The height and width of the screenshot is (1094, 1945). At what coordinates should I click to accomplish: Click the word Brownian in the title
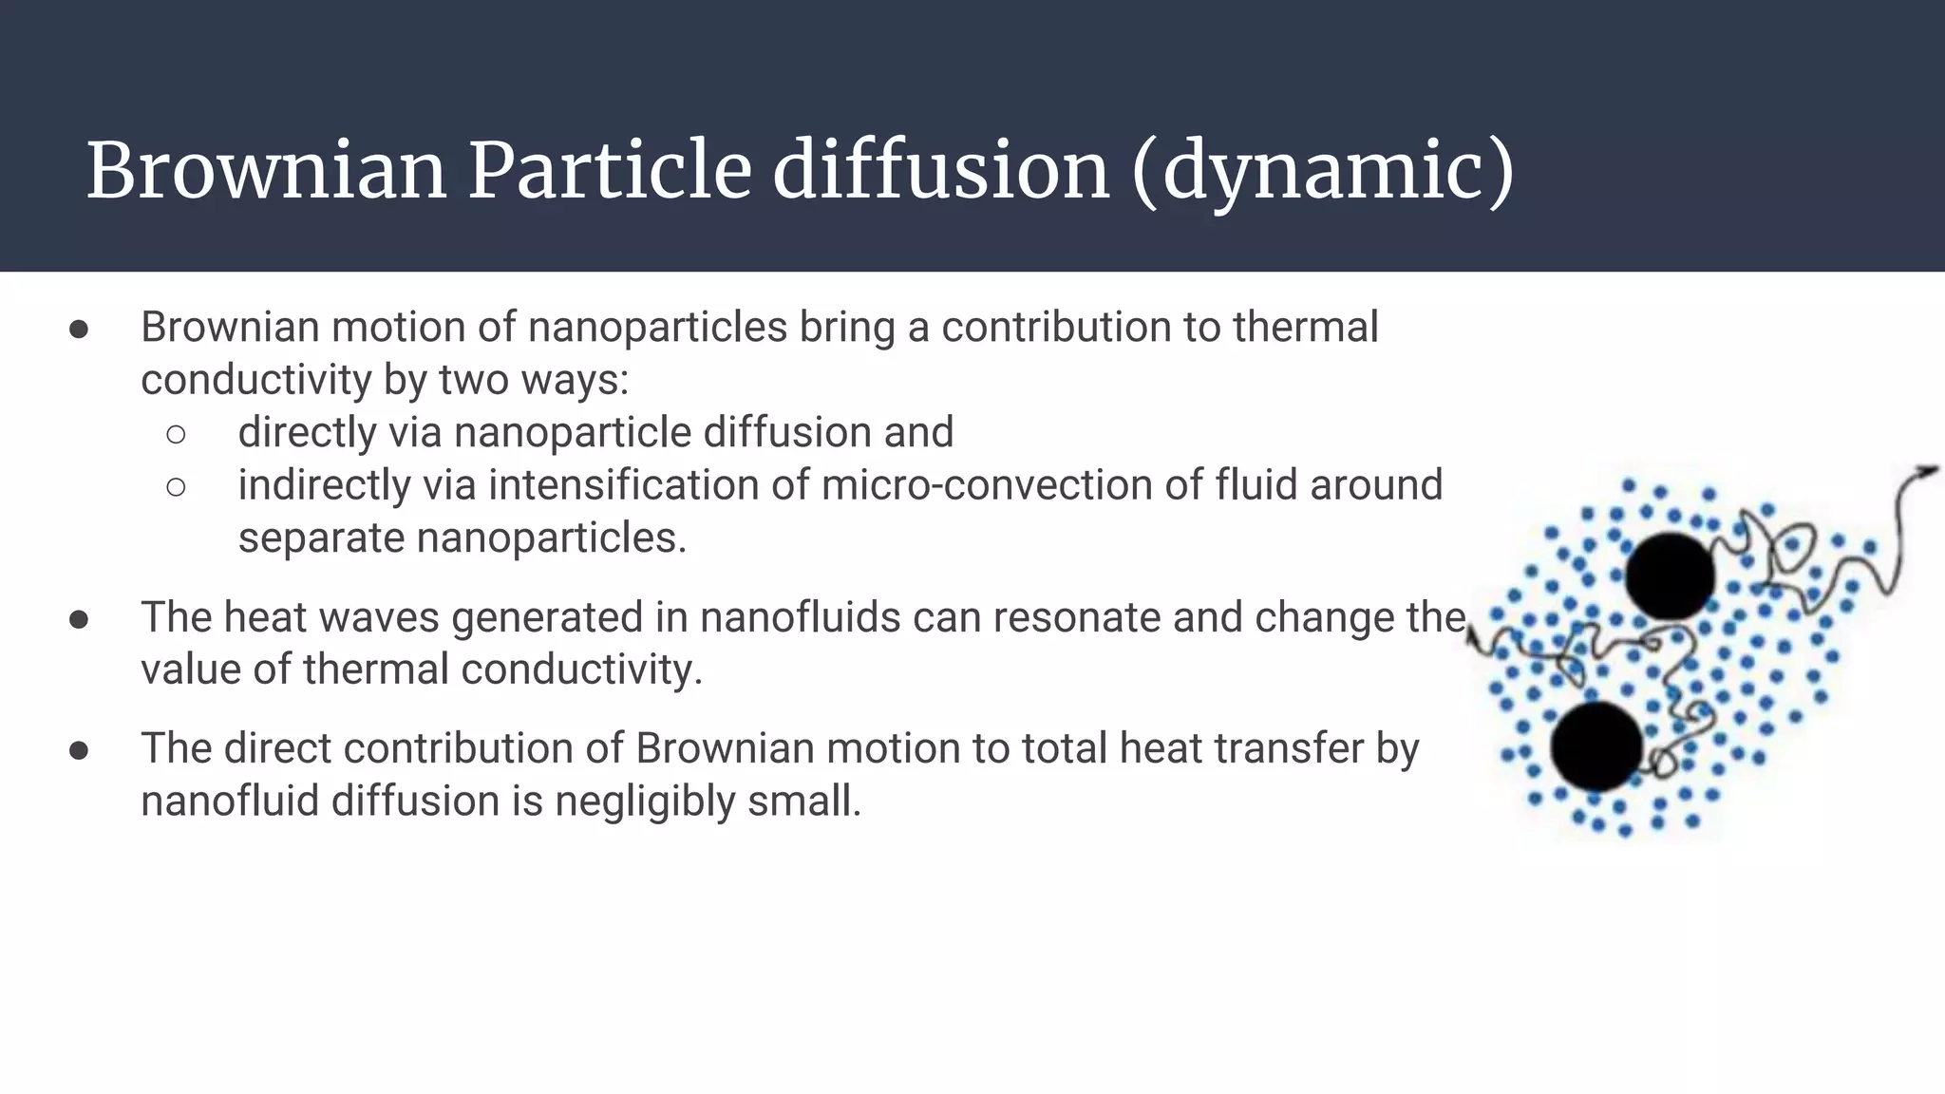[x=266, y=171]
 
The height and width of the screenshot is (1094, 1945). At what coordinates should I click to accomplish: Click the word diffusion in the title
[x=940, y=171]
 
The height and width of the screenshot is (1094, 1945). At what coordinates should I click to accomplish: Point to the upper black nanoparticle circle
[x=1670, y=575]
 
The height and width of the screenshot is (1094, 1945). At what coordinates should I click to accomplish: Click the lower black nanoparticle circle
[x=1597, y=746]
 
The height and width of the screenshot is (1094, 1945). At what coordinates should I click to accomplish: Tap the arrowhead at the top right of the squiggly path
[x=1928, y=471]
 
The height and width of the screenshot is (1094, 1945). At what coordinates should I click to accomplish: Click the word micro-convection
[x=987, y=484]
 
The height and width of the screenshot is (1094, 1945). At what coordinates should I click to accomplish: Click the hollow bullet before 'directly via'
[x=176, y=434]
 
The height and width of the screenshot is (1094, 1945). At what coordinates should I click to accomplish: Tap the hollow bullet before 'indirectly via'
[x=176, y=487]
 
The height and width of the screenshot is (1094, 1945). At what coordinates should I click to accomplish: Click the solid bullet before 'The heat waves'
[x=79, y=619]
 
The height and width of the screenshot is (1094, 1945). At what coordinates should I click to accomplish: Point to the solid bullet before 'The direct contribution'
[x=79, y=750]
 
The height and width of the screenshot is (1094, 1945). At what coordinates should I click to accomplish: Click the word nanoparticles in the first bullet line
[x=657, y=327]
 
